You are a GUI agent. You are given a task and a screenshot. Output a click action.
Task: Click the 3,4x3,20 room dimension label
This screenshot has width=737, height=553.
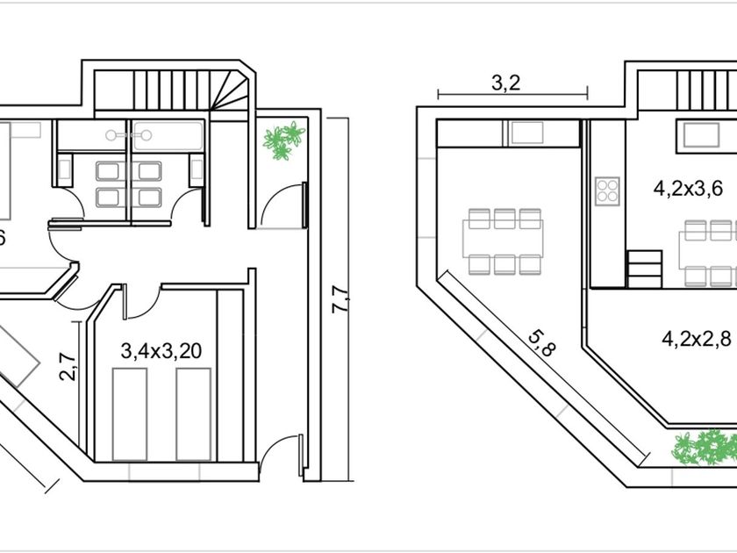point(161,351)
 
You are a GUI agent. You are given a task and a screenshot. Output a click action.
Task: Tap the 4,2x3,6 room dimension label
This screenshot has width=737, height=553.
point(688,189)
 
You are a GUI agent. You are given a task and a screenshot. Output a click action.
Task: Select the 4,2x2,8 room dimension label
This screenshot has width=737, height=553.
point(697,338)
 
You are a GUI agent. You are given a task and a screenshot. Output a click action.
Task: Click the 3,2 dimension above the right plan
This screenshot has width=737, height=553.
point(505,83)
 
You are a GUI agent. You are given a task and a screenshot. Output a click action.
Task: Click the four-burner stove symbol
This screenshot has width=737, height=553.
point(607,191)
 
